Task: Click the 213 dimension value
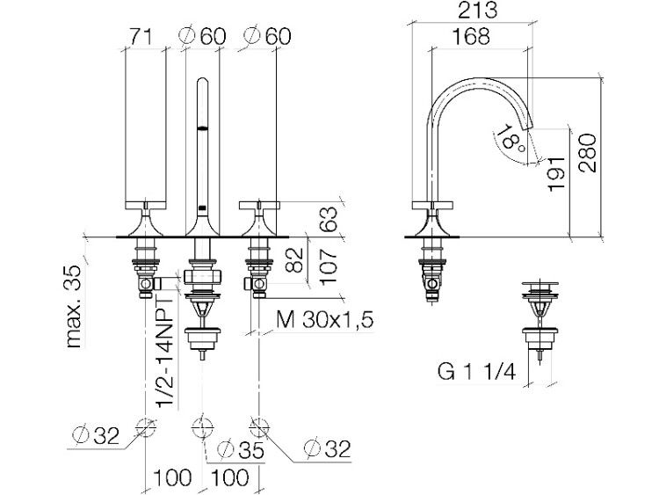(477, 11)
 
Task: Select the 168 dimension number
(471, 37)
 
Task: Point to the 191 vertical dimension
(556, 174)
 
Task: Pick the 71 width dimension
(141, 37)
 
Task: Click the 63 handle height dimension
(329, 219)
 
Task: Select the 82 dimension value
(293, 259)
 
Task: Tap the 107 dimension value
(329, 266)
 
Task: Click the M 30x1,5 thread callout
(324, 320)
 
